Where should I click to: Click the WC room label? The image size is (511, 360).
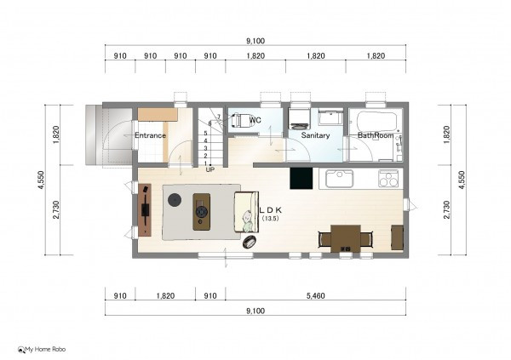click(x=255, y=120)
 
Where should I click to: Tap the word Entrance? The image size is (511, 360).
click(x=150, y=135)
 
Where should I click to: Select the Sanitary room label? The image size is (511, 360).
click(x=315, y=135)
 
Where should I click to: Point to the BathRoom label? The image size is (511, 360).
click(x=376, y=135)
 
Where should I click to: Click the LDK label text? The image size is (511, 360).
click(x=270, y=210)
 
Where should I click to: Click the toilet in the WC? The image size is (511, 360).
click(x=238, y=120)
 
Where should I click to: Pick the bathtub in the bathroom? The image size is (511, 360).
click(x=376, y=123)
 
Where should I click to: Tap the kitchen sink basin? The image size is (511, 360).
click(x=339, y=179)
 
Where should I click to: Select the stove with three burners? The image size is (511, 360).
click(x=388, y=179)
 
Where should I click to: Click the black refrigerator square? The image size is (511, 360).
click(x=301, y=178)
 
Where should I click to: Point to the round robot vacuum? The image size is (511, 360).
click(x=250, y=242)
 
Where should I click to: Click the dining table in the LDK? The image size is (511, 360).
click(x=346, y=238)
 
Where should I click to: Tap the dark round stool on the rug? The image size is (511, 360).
click(x=175, y=199)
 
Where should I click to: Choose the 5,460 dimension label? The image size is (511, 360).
click(x=315, y=296)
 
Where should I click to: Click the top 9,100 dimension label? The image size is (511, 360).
click(x=255, y=41)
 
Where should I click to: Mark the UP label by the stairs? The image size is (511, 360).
click(x=210, y=169)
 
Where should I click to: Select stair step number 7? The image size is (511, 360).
click(x=219, y=117)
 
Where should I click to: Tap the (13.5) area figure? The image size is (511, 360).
click(x=271, y=219)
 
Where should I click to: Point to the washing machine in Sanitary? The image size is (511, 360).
click(x=300, y=118)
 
